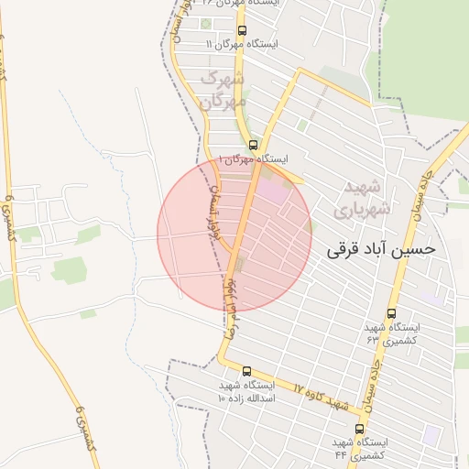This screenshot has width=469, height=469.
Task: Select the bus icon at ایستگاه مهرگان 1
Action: (x=253, y=145)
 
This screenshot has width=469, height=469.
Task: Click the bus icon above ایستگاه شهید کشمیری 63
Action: (x=391, y=313)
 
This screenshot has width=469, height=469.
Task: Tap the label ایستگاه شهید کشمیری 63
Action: (x=391, y=333)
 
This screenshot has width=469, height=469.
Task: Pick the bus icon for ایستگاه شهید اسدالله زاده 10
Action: (x=246, y=371)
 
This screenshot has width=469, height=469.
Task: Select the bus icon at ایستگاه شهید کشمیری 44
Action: (x=359, y=428)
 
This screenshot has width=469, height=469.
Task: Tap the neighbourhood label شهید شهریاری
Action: (x=365, y=198)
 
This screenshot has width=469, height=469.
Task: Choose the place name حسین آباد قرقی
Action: (x=380, y=247)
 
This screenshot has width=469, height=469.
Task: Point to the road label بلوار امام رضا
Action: (x=233, y=293)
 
